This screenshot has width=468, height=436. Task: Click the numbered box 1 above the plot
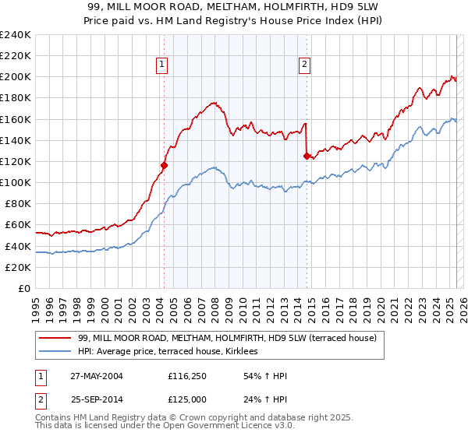[162, 65]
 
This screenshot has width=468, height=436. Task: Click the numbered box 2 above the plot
[304, 65]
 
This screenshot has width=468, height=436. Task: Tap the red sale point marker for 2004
[164, 165]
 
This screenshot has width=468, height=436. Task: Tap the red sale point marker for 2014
[307, 156]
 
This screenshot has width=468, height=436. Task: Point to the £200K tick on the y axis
[16, 77]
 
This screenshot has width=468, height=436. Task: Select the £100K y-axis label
[16, 182]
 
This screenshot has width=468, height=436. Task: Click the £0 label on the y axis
[24, 288]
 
